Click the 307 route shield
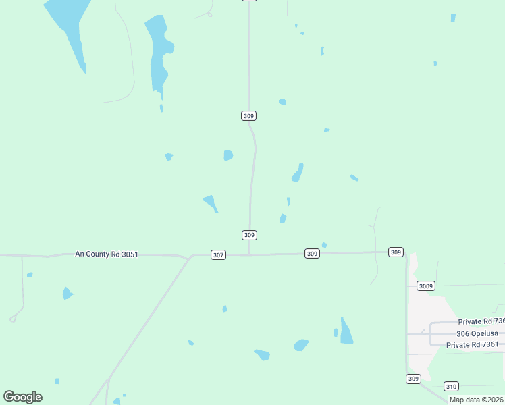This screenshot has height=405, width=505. (x=218, y=254)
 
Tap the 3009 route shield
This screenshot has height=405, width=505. (x=425, y=286)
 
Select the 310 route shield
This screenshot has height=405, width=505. (x=452, y=386)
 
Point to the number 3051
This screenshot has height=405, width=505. (x=127, y=254)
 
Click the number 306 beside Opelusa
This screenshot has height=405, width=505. (x=463, y=334)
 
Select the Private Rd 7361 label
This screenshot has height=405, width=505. (x=473, y=344)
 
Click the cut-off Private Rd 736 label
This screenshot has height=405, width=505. (x=481, y=322)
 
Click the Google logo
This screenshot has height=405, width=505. (x=22, y=397)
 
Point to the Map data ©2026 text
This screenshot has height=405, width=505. (x=477, y=400)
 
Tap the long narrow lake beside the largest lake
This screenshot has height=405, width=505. (x=159, y=54)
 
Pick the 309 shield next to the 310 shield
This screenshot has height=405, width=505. (x=413, y=379)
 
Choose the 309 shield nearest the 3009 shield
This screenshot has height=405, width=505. (x=396, y=252)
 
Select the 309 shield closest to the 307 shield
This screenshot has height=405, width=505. (x=249, y=235)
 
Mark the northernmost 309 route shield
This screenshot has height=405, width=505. (x=248, y=116)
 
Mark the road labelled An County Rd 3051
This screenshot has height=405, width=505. (x=41, y=256)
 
